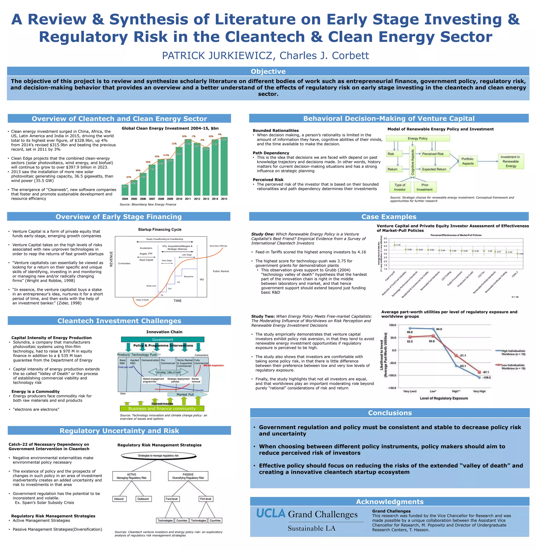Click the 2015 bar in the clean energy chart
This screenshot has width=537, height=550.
(224, 166)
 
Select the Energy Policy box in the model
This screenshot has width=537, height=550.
(417, 138)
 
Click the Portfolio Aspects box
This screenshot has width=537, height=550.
(468, 161)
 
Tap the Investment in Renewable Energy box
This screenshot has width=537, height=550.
(511, 161)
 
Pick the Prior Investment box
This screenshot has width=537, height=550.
(425, 187)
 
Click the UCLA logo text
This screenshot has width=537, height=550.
(271, 513)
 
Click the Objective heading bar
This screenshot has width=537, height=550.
(268, 71)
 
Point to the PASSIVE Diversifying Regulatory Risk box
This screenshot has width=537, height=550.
(188, 476)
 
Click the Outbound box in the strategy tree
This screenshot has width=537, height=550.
(143, 499)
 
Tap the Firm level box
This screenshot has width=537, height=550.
(205, 499)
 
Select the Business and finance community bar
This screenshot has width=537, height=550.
(162, 408)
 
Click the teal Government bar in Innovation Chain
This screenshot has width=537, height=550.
(163, 339)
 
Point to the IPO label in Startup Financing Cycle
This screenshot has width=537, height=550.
(202, 280)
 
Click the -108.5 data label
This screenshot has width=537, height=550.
(486, 377)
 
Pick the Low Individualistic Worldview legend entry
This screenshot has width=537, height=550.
(512, 367)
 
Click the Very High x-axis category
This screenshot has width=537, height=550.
(479, 391)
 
